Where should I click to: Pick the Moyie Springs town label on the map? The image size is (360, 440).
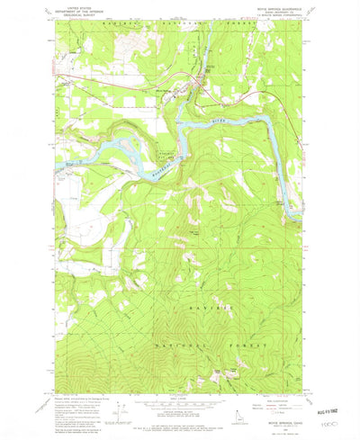(211, 70)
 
